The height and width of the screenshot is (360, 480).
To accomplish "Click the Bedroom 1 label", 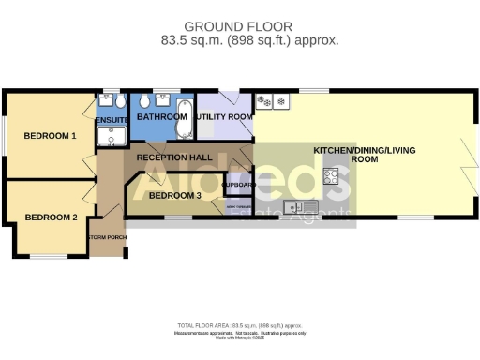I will [x=50, y=136].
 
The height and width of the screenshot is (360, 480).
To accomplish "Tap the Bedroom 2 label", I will [x=51, y=217].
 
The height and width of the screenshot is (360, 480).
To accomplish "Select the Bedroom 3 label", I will [x=175, y=195].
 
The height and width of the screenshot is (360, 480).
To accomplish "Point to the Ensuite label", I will [x=112, y=120].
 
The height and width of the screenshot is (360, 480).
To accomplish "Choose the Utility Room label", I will [x=223, y=116].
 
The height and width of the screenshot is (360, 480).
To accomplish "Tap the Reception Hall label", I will [x=174, y=157].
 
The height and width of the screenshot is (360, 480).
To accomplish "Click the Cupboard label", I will [x=238, y=185].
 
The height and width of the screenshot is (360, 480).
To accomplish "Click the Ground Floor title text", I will [x=239, y=26].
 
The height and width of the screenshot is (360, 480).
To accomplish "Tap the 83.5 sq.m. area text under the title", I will [x=239, y=40].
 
